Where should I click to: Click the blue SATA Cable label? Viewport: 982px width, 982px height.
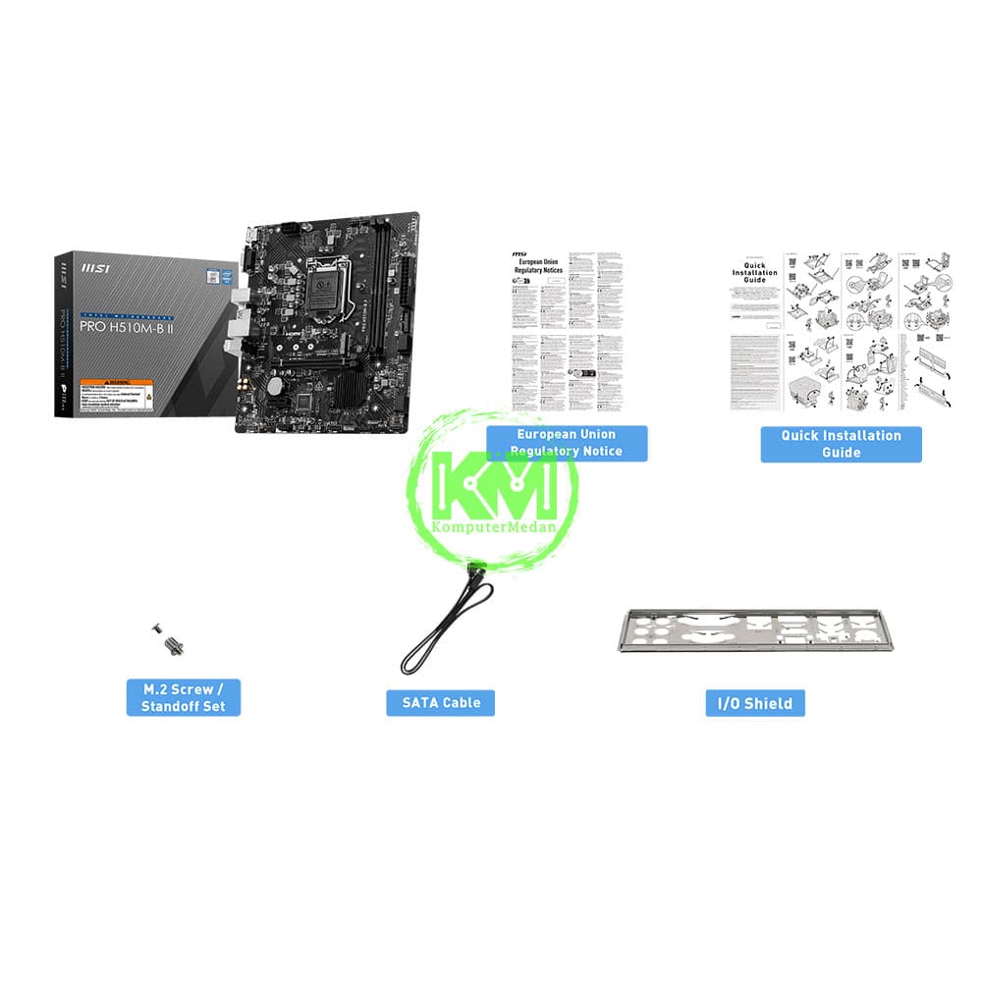point(440,702)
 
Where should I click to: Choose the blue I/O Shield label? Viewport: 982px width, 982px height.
point(754,702)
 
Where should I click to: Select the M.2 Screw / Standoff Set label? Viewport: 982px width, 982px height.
point(183,697)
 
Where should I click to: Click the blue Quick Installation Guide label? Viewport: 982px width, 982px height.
point(841,444)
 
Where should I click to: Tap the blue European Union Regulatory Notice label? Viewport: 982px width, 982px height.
point(568,443)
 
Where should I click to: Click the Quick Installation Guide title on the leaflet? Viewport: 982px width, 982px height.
point(754,275)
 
